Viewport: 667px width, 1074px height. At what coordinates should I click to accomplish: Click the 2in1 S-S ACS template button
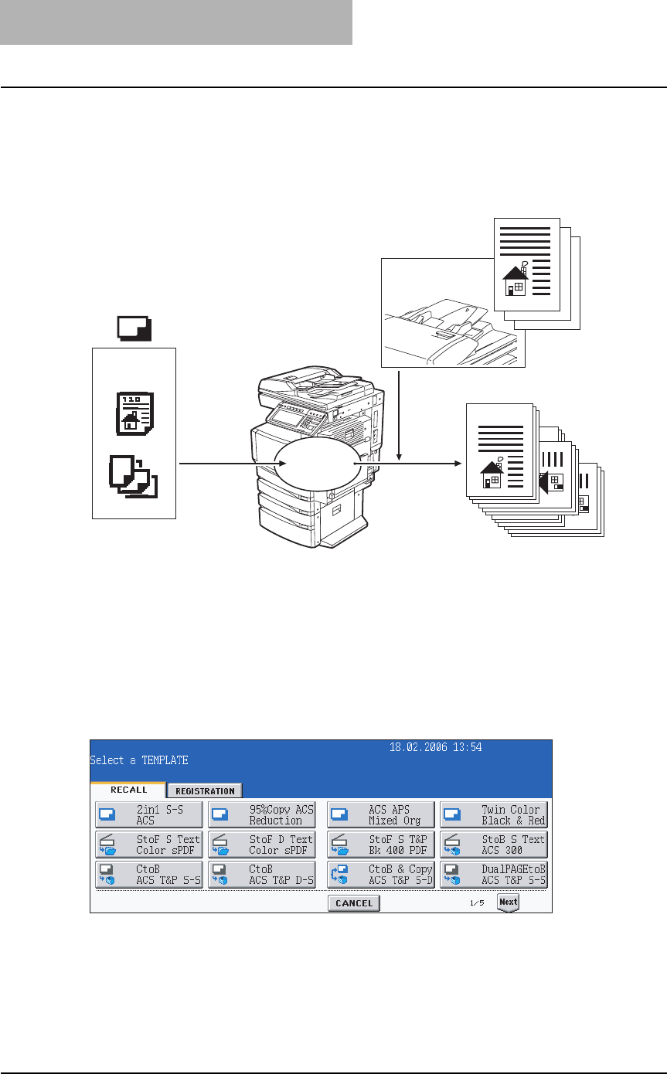click(149, 815)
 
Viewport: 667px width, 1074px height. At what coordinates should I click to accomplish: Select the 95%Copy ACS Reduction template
click(262, 815)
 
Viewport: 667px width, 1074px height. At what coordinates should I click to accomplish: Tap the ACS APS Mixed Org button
click(381, 815)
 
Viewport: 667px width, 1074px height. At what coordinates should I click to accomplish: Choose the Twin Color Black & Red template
click(494, 815)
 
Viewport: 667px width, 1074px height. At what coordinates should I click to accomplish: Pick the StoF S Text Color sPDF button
click(149, 845)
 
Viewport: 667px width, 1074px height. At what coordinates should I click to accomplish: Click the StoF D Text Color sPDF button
click(262, 845)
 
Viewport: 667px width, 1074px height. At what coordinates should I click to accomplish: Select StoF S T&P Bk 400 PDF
click(381, 845)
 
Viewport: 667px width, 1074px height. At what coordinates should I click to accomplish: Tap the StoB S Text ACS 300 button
click(494, 845)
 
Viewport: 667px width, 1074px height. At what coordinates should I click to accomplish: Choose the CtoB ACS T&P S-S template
click(149, 875)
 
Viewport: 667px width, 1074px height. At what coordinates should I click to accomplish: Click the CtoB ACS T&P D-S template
click(262, 875)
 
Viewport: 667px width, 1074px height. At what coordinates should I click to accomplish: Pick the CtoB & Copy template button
click(381, 875)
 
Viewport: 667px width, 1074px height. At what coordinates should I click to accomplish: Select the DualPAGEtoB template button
click(494, 875)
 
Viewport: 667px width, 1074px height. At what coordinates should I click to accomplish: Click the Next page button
click(508, 902)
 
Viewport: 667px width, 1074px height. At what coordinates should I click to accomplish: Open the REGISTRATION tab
click(205, 790)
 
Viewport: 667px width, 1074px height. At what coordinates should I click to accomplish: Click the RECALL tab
click(128, 790)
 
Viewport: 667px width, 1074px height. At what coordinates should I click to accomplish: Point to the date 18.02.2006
click(419, 747)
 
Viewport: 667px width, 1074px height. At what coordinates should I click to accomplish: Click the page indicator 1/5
click(477, 903)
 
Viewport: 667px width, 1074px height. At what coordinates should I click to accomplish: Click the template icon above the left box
click(134, 330)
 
